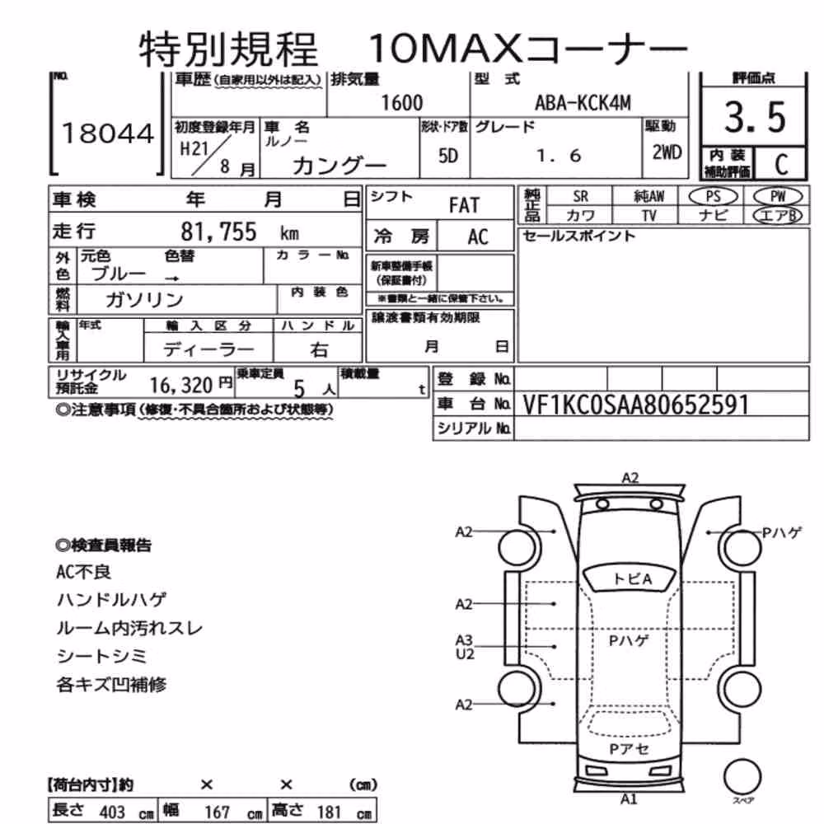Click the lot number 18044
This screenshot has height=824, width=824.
108,133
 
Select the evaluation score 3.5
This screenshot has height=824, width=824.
755,117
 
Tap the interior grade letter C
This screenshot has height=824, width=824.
781,165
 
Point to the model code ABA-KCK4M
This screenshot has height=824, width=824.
583,103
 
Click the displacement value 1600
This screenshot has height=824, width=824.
401,103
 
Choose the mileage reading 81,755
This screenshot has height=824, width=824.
218,232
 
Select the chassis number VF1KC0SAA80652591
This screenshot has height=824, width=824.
635,405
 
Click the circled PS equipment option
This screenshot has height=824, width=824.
713,197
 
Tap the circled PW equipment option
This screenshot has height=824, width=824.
778,197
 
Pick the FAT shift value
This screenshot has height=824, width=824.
464,205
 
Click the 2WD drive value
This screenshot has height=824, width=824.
667,152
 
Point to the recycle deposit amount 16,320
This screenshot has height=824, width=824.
180,386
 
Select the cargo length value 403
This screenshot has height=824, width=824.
112,812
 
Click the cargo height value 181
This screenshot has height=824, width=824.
330,812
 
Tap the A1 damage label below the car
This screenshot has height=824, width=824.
629,799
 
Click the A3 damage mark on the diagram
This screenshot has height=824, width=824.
464,640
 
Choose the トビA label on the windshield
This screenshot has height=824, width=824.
632,579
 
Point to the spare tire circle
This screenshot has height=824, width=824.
742,776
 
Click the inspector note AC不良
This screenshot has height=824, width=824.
83,572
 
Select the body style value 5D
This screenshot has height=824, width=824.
447,156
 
